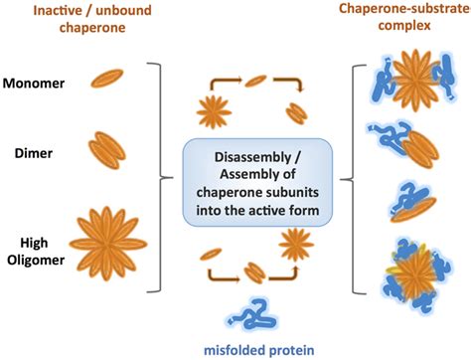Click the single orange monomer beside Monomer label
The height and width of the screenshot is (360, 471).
107,80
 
